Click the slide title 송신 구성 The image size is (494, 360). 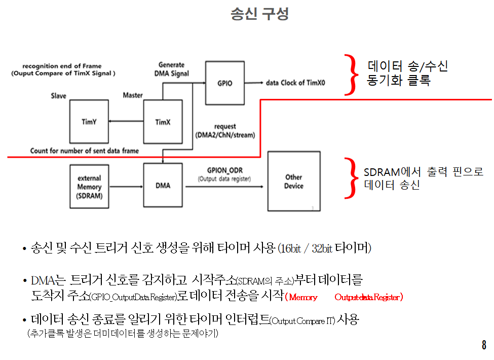259,14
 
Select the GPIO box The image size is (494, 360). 225,83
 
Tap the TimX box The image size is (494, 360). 162,122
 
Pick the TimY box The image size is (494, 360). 89,122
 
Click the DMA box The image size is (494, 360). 162,186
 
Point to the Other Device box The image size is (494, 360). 293,181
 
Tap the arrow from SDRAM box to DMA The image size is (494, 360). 126,187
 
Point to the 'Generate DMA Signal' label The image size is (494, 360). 171,69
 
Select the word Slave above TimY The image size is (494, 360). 59,96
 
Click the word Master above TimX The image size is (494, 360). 133,95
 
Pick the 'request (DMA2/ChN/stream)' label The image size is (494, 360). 225,131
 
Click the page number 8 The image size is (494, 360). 484,346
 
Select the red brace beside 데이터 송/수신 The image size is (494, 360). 350,75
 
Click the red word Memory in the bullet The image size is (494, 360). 303,297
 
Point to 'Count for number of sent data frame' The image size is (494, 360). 84,151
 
